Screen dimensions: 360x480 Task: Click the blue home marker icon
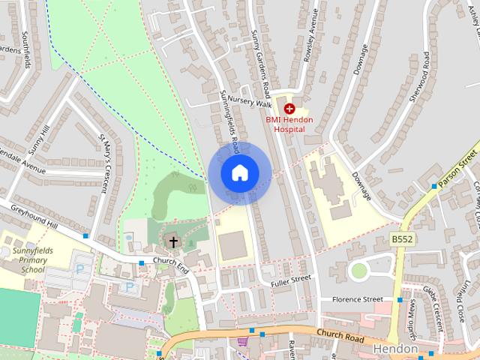[x=239, y=172]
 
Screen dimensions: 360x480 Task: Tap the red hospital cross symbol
[x=289, y=109]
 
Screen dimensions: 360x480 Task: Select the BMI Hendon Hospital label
[x=289, y=124]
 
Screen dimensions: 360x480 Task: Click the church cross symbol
[x=174, y=242]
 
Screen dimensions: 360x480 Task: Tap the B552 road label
[x=402, y=238]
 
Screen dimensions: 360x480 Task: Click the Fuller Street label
[x=292, y=277]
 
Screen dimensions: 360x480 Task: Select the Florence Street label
[x=357, y=299]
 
